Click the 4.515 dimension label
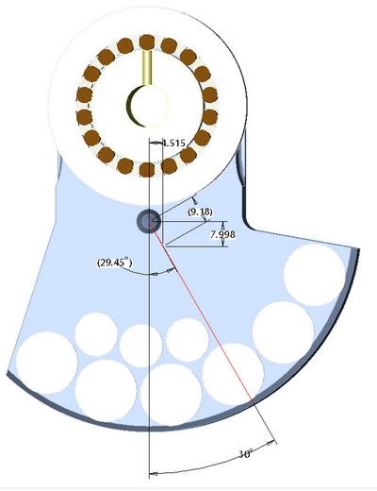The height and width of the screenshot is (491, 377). click(173, 144)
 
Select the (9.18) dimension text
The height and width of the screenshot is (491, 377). click(200, 212)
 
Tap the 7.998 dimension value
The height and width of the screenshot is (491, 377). click(222, 234)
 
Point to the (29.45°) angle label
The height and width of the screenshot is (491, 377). click(114, 262)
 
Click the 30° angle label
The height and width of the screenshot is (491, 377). click(245, 454)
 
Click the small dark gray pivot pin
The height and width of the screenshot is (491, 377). click(149, 222)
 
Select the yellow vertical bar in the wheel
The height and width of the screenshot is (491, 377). click(147, 67)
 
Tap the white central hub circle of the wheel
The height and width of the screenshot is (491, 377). click(148, 106)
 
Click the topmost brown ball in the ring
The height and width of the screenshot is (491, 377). click(147, 42)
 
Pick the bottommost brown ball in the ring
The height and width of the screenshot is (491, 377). click(147, 170)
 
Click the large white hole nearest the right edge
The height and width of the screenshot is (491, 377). click(314, 275)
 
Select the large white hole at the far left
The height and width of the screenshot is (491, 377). click(47, 363)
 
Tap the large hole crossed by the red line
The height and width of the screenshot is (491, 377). click(233, 374)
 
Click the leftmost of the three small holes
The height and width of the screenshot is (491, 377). click(96, 334)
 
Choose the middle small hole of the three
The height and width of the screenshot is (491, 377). click(141, 346)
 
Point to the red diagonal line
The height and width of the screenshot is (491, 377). click(201, 311)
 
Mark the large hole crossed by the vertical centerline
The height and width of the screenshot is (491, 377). click(171, 395)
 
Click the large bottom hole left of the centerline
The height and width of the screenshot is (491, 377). click(107, 391)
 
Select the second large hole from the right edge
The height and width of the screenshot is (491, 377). click(284, 332)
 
